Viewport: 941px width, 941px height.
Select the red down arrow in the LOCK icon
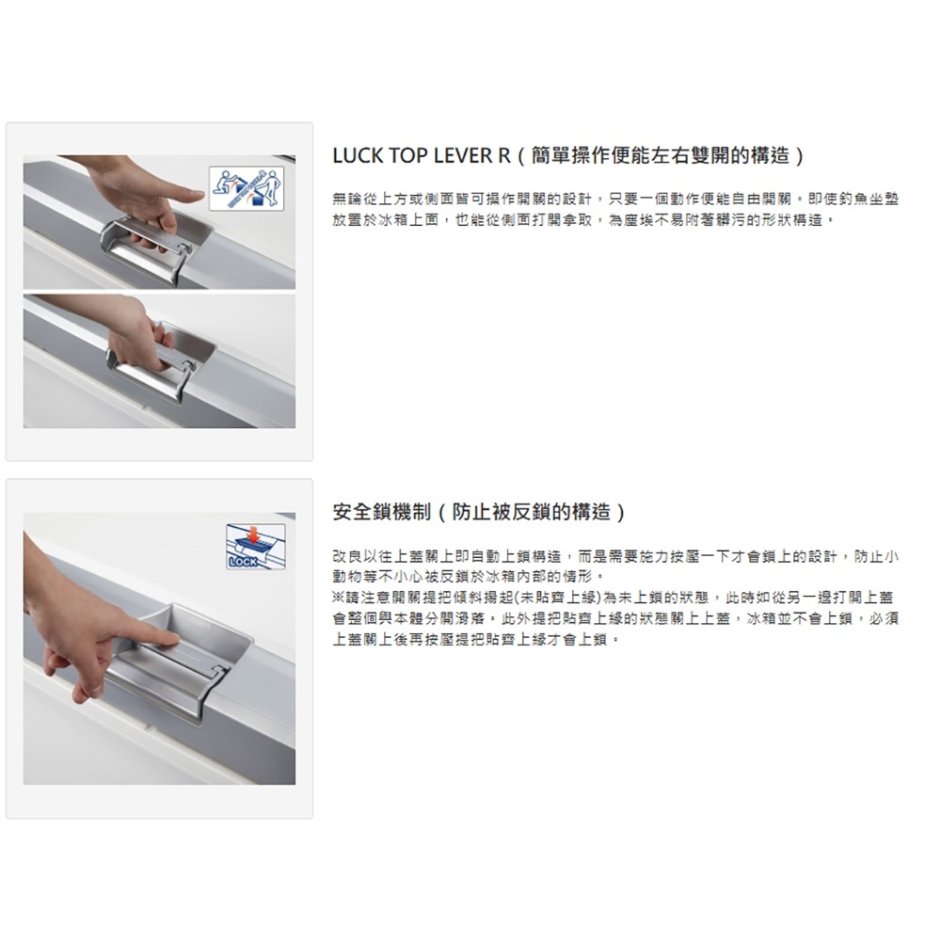coord(252,534)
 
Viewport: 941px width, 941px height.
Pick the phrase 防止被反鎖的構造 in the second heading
coord(532,513)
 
